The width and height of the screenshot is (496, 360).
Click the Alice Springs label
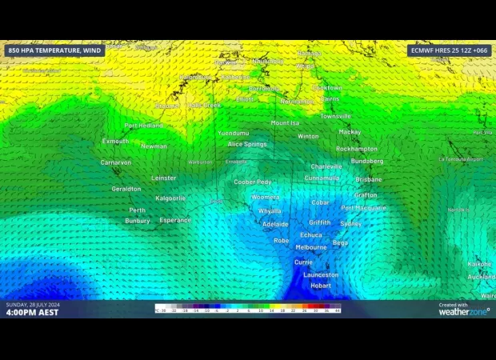(247, 144)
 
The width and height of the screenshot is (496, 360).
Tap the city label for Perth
(137, 210)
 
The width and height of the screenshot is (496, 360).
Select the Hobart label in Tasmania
(321, 286)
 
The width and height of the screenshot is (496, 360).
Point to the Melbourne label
(310, 247)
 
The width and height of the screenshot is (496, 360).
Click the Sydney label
(350, 224)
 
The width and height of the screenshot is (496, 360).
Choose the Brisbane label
(369, 179)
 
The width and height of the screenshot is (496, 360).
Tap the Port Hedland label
(143, 126)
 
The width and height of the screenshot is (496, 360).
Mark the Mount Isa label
(285, 123)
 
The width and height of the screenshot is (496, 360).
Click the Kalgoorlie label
(170, 198)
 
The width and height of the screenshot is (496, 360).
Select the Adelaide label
(275, 225)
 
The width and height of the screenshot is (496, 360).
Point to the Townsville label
(335, 116)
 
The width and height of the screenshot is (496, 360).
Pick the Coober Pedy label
(252, 182)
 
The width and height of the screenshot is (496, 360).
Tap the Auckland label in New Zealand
(482, 277)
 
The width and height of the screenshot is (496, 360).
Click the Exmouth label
(115, 142)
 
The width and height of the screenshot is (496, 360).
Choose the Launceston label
(321, 274)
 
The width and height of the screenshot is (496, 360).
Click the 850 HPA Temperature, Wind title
(54, 50)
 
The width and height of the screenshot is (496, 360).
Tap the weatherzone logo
(464, 310)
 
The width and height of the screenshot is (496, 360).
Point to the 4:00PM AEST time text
(32, 313)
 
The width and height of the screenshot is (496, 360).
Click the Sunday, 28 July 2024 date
(33, 305)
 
